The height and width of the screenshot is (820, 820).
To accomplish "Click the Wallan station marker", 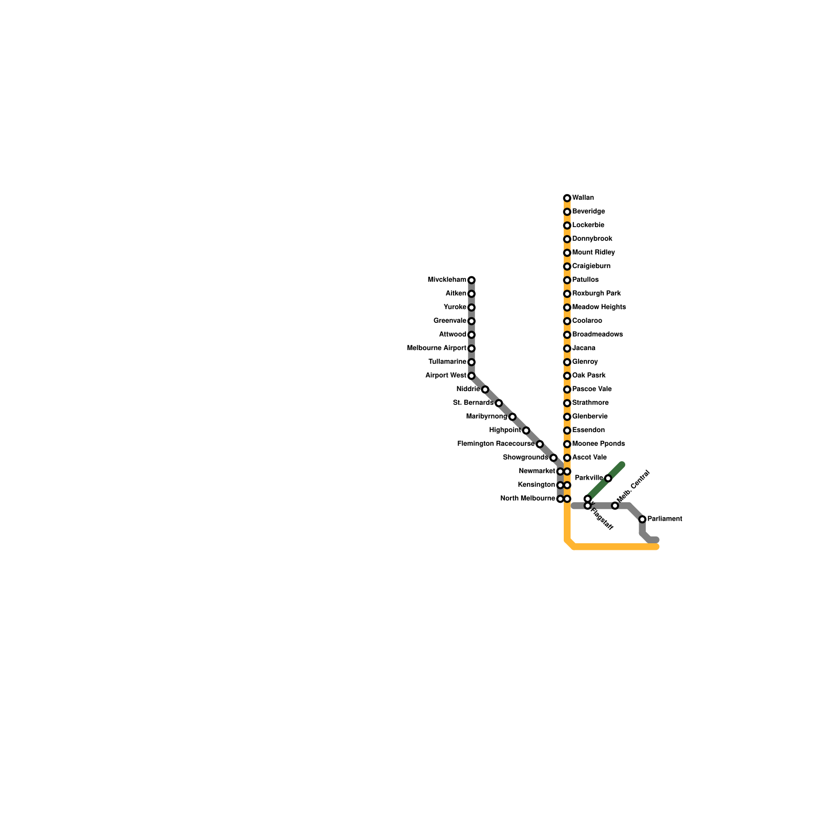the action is [567, 198].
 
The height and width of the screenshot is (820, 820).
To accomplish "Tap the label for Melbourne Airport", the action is [437, 348].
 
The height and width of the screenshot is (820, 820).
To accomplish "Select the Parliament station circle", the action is [642, 519].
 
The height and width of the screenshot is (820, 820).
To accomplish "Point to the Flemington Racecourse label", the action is [496, 444].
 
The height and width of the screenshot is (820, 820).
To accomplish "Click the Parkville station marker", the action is [608, 478].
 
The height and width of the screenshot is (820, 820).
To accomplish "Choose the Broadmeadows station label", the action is [598, 335].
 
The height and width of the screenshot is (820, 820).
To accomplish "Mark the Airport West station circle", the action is [471, 376].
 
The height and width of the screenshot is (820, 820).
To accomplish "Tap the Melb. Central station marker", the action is [615, 506].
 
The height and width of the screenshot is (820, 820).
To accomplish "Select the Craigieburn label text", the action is [591, 266].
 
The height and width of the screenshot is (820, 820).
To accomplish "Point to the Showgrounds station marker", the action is [553, 458].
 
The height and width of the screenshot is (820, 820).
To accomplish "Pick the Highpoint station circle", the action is [526, 430].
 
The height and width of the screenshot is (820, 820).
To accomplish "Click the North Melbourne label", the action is [527, 499].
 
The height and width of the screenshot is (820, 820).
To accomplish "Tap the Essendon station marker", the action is [567, 430].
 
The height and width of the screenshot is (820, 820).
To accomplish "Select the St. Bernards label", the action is [473, 403].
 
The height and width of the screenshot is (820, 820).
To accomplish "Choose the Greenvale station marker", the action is [471, 321].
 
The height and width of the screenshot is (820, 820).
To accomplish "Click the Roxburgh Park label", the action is [597, 294].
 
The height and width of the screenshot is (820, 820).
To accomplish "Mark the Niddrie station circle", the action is [485, 389].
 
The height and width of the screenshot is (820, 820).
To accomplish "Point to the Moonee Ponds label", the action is [599, 444].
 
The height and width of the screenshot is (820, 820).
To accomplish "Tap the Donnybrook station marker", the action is [567, 239].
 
